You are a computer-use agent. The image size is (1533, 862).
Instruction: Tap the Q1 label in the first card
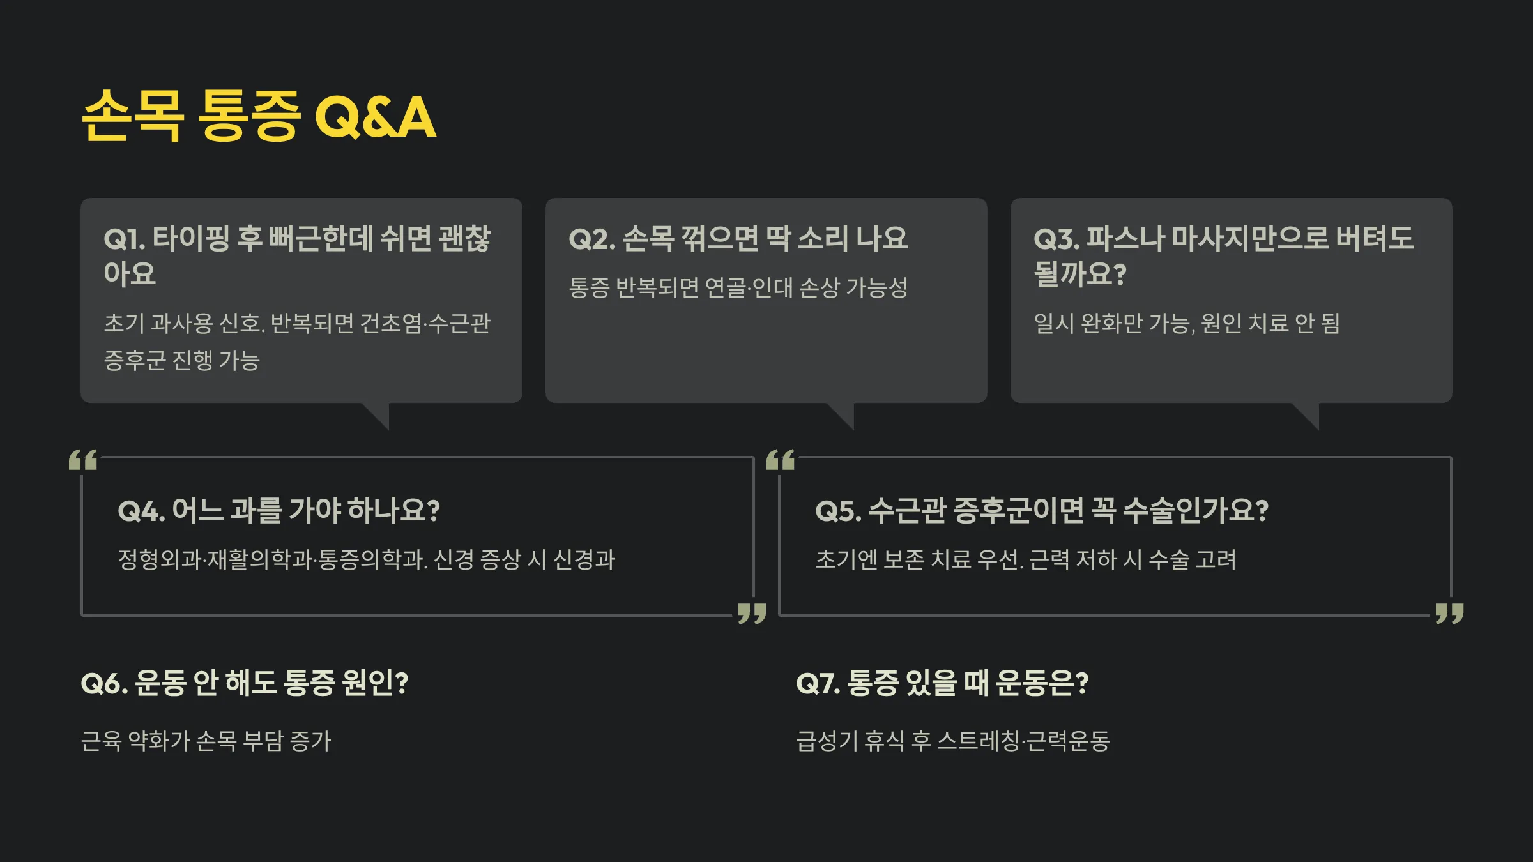pos(125,239)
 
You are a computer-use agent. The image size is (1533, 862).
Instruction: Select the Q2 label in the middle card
pos(591,239)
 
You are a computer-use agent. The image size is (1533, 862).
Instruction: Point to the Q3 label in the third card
pos(1056,239)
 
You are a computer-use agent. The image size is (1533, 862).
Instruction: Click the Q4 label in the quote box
pos(141,511)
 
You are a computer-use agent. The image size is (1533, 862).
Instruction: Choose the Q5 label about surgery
pos(838,511)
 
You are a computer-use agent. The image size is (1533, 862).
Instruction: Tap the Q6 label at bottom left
pos(104,684)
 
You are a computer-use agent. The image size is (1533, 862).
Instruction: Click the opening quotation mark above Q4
pos(83,460)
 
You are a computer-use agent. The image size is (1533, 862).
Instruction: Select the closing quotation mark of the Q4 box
pos(752,613)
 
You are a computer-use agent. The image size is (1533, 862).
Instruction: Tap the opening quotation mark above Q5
pos(781,460)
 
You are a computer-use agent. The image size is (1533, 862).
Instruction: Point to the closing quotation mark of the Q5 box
pos(1449,613)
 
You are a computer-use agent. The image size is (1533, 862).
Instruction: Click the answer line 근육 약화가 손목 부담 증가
pos(206,741)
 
